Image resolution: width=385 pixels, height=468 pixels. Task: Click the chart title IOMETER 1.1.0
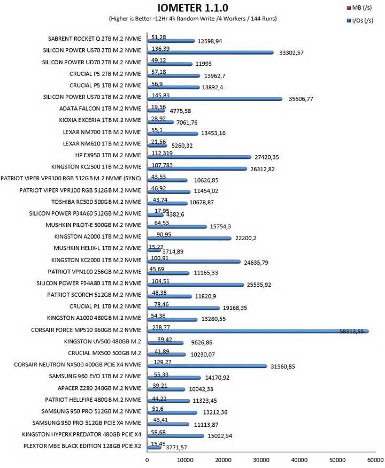point(193,7)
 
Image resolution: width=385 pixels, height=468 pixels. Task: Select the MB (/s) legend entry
point(359,7)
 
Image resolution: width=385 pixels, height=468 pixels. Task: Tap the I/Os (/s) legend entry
point(360,21)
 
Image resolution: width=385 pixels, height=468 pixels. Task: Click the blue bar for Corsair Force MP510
point(258,331)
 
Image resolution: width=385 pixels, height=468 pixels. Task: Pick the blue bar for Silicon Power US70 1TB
point(215,99)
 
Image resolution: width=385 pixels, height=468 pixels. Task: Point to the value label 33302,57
point(291,53)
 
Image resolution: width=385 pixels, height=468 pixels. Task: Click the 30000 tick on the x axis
point(261,460)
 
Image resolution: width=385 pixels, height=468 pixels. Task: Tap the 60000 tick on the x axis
point(375,460)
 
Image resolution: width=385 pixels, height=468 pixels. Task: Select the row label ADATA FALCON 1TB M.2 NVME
point(100,109)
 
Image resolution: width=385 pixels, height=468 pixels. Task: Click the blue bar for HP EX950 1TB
point(199,157)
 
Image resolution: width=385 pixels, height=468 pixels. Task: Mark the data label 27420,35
point(266,157)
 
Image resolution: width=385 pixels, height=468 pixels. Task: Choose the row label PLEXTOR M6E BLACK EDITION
point(82,446)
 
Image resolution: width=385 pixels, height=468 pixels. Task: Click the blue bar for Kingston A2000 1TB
point(189,238)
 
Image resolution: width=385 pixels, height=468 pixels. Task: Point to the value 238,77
point(161,327)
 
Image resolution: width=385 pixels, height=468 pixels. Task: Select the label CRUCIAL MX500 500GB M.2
point(104,353)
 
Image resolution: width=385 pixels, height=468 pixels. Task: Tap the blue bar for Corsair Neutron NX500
point(207,366)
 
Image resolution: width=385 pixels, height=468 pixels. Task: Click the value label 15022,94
point(220,436)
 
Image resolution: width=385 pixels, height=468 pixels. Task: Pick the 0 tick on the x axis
point(147,460)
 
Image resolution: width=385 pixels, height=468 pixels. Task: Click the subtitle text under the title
point(193,19)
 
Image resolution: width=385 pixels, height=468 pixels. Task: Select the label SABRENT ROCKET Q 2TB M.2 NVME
point(94,39)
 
